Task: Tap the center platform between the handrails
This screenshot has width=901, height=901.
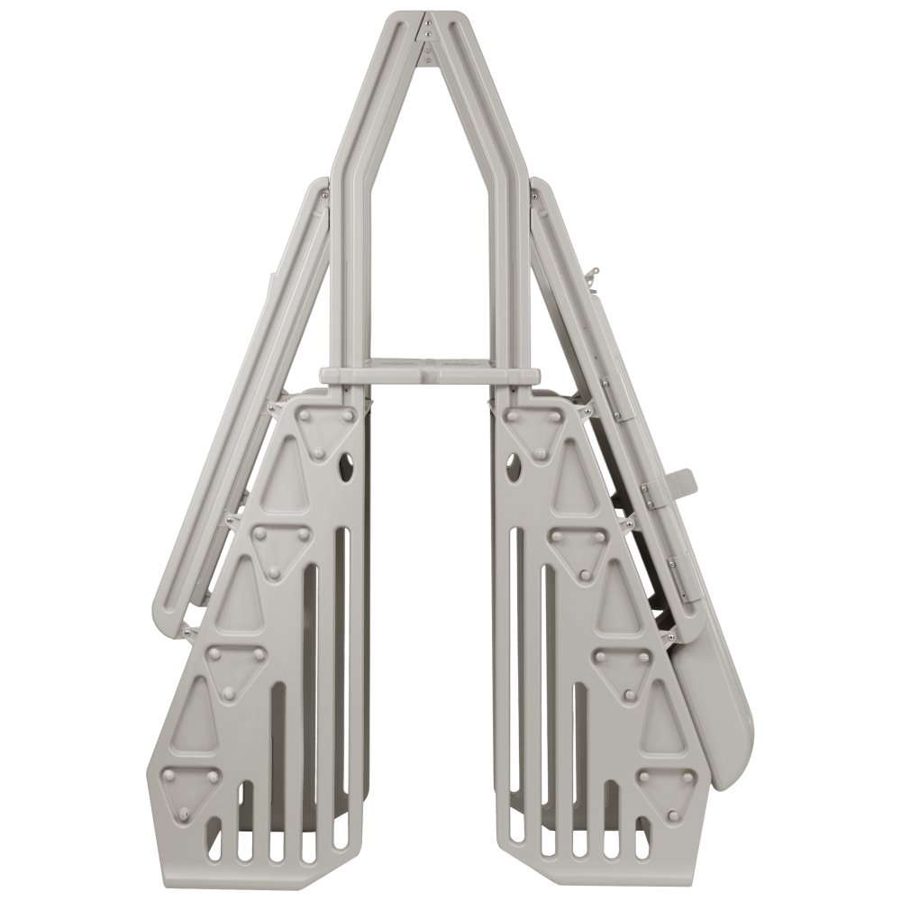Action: [425, 373]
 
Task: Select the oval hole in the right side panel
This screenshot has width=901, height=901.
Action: [515, 466]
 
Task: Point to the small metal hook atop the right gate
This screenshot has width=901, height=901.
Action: [591, 270]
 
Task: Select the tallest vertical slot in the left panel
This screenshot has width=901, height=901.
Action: [341, 631]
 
